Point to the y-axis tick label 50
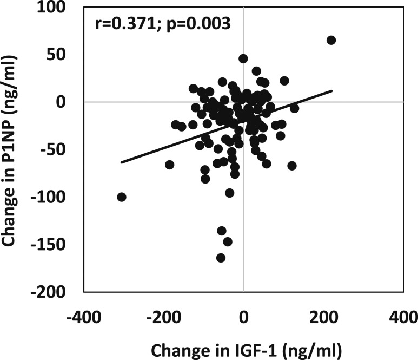(60, 55)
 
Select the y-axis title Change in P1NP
(11, 150)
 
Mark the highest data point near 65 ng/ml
(331, 40)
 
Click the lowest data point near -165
(221, 258)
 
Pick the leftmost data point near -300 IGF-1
(121, 197)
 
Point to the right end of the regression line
(331, 91)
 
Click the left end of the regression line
(121, 162)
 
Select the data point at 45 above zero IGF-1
(243, 58)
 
